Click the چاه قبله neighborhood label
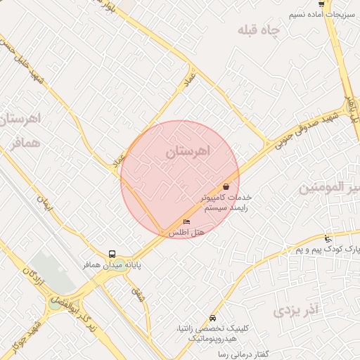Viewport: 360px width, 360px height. click(259, 30)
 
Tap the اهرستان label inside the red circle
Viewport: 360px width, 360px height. click(188, 151)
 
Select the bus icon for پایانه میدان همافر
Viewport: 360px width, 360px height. click(112, 254)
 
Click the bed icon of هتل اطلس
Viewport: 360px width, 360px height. click(186, 222)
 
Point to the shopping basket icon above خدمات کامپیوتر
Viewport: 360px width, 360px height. click(226, 187)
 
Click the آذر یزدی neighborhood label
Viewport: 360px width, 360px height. click(296, 309)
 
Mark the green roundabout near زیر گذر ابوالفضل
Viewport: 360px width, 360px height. click(55, 304)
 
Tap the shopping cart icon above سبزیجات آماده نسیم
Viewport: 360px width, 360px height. click(321, 4)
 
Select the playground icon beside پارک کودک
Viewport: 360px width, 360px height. click(328, 239)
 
